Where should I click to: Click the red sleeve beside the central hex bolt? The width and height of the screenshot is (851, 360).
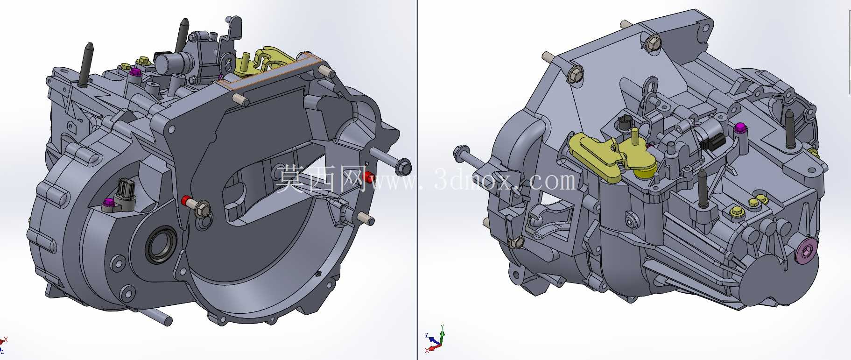[187, 201]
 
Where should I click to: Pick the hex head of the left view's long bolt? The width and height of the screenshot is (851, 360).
[404, 167]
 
